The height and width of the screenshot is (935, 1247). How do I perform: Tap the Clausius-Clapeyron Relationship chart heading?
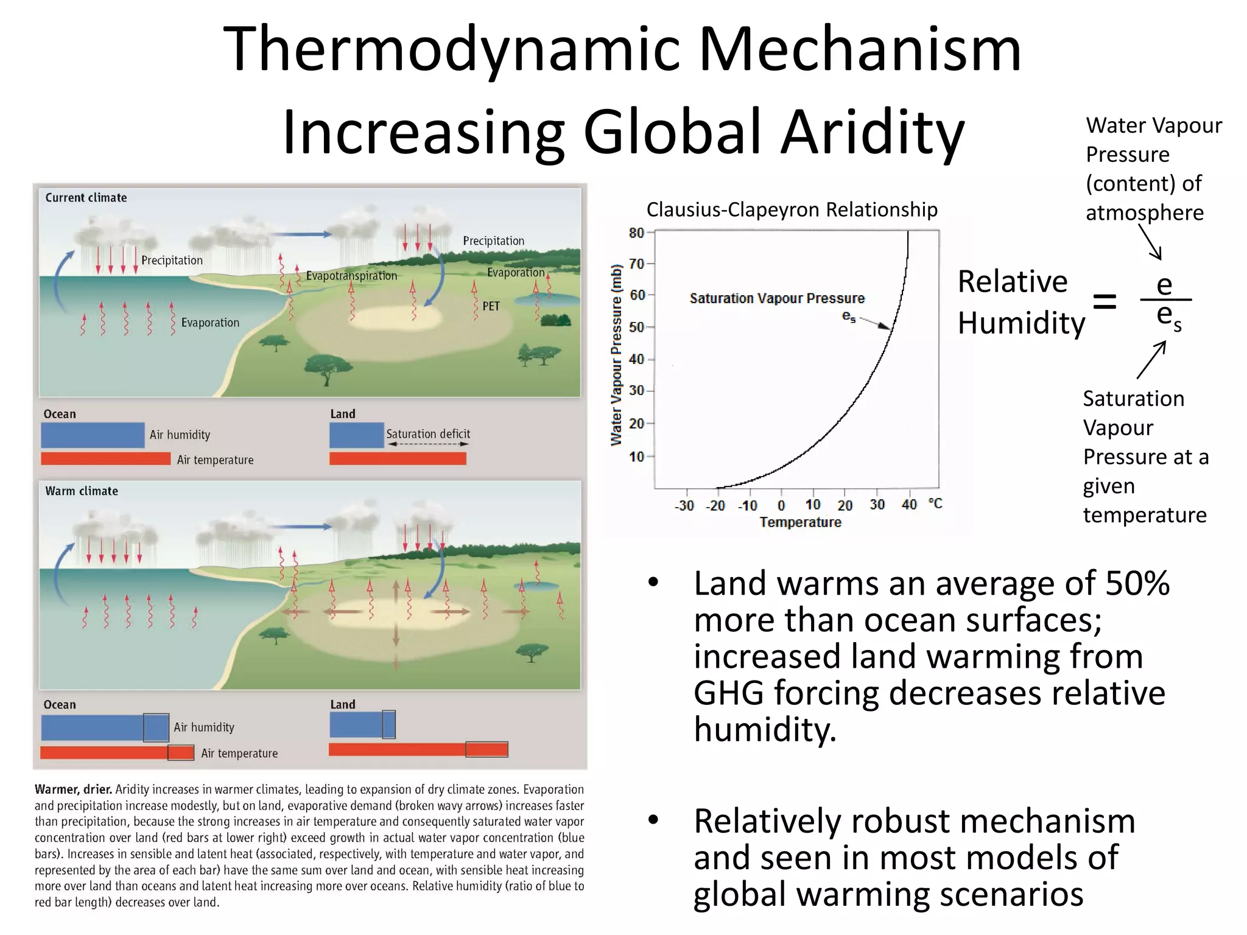click(x=792, y=209)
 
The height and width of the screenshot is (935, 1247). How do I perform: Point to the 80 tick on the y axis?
click(x=636, y=233)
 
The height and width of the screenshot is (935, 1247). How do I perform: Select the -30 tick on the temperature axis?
click(x=684, y=506)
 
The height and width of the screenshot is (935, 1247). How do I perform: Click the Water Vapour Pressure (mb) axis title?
click(x=616, y=355)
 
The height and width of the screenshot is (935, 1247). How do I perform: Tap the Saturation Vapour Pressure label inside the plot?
click(x=777, y=298)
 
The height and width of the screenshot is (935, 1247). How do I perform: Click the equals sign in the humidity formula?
click(x=1105, y=301)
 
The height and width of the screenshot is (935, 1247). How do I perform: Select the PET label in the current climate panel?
click(x=491, y=306)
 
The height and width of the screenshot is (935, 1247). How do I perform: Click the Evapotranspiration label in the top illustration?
click(x=351, y=276)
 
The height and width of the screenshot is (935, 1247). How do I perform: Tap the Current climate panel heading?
click(x=86, y=198)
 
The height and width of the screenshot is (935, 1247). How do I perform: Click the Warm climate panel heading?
click(x=82, y=491)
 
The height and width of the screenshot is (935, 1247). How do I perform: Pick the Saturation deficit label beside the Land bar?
click(x=428, y=434)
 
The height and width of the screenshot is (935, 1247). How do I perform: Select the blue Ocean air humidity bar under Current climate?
click(x=93, y=435)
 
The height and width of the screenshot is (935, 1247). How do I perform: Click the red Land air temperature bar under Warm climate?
click(x=418, y=749)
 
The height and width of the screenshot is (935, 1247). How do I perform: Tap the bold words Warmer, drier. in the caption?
click(x=73, y=790)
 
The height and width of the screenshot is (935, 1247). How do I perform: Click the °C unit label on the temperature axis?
click(x=935, y=503)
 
